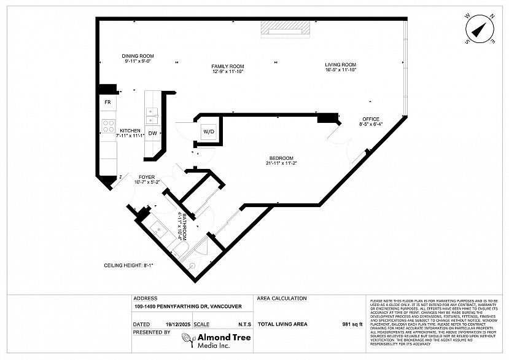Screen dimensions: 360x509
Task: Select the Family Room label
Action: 228,66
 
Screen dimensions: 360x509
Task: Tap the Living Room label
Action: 341,65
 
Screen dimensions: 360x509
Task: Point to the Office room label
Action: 370,119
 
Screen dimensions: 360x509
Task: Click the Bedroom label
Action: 281,158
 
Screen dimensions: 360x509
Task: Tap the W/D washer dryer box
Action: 209,131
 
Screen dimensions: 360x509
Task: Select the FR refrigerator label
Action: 107,102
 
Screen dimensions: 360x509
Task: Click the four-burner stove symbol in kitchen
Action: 108,126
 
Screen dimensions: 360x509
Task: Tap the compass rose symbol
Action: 480,29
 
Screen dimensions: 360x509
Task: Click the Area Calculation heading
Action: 282,299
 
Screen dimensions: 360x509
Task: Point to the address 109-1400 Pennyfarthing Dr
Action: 188,307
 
